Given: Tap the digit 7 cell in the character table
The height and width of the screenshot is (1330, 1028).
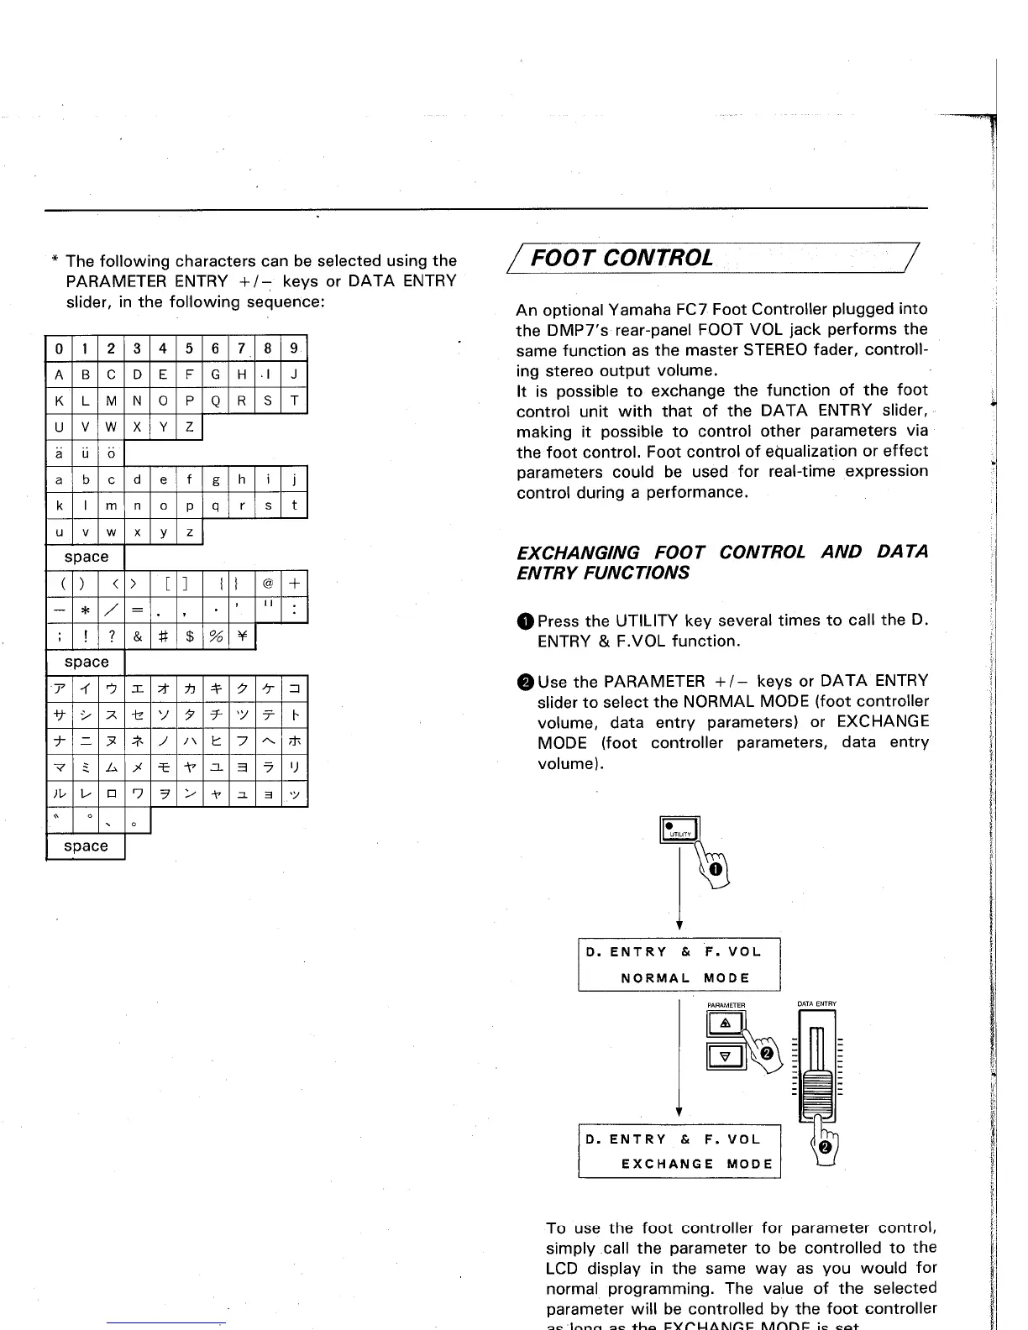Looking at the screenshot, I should (x=242, y=348).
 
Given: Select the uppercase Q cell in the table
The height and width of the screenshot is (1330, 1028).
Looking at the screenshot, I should (x=216, y=401).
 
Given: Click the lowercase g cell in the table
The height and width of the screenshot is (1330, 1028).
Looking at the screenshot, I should (x=216, y=480).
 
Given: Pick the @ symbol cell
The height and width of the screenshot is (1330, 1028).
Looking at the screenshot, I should (x=268, y=584).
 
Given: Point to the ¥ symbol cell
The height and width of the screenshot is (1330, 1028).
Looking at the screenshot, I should (x=242, y=637).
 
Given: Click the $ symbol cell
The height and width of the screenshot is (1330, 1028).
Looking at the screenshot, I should (x=190, y=637).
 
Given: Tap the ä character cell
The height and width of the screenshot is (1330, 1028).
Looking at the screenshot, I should (x=59, y=454).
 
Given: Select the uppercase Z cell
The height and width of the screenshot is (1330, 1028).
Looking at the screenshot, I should (x=190, y=428).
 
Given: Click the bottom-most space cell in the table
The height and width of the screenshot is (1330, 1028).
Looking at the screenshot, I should (x=86, y=846).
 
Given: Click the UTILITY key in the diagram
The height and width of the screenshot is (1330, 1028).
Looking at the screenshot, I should (x=679, y=829).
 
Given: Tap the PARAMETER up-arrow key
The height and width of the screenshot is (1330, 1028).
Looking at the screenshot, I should (x=727, y=1023).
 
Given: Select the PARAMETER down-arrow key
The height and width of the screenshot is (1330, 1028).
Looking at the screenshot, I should (x=727, y=1055).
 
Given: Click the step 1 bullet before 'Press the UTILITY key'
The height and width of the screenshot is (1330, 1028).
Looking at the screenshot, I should (x=525, y=621).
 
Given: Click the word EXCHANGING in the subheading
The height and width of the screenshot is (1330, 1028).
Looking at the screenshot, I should (x=579, y=552).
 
